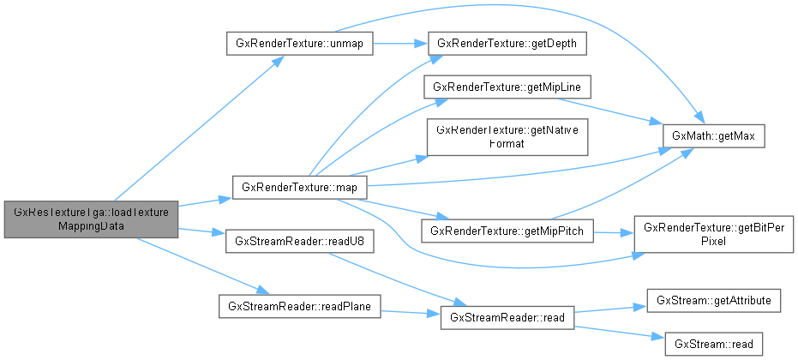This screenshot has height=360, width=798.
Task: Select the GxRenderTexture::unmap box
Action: point(299,44)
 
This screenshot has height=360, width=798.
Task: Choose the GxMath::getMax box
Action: point(712,137)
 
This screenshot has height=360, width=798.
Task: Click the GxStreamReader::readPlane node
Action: point(299,307)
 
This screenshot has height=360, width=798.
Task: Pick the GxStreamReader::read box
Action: point(505,318)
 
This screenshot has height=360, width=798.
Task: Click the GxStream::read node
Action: point(713,344)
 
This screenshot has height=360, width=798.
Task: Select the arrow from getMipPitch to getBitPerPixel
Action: point(614,231)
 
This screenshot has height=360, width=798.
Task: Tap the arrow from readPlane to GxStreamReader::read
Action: point(408,312)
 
